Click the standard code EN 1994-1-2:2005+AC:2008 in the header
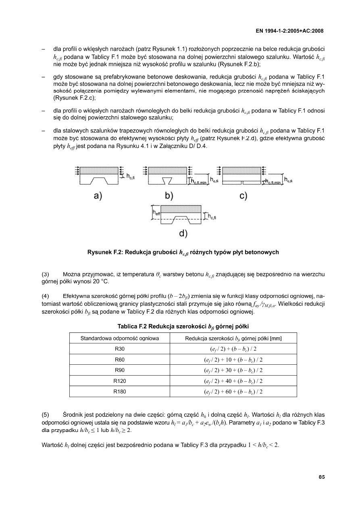289,31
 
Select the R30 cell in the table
120,349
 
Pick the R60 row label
120,359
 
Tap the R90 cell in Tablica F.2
120,370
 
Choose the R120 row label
120,381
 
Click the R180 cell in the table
120,391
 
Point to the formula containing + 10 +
233,359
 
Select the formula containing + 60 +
233,391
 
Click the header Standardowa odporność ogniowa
120,338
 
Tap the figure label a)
98,196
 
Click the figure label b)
169,196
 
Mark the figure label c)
243,196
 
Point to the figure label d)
183,233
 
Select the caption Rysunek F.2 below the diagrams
183,253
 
